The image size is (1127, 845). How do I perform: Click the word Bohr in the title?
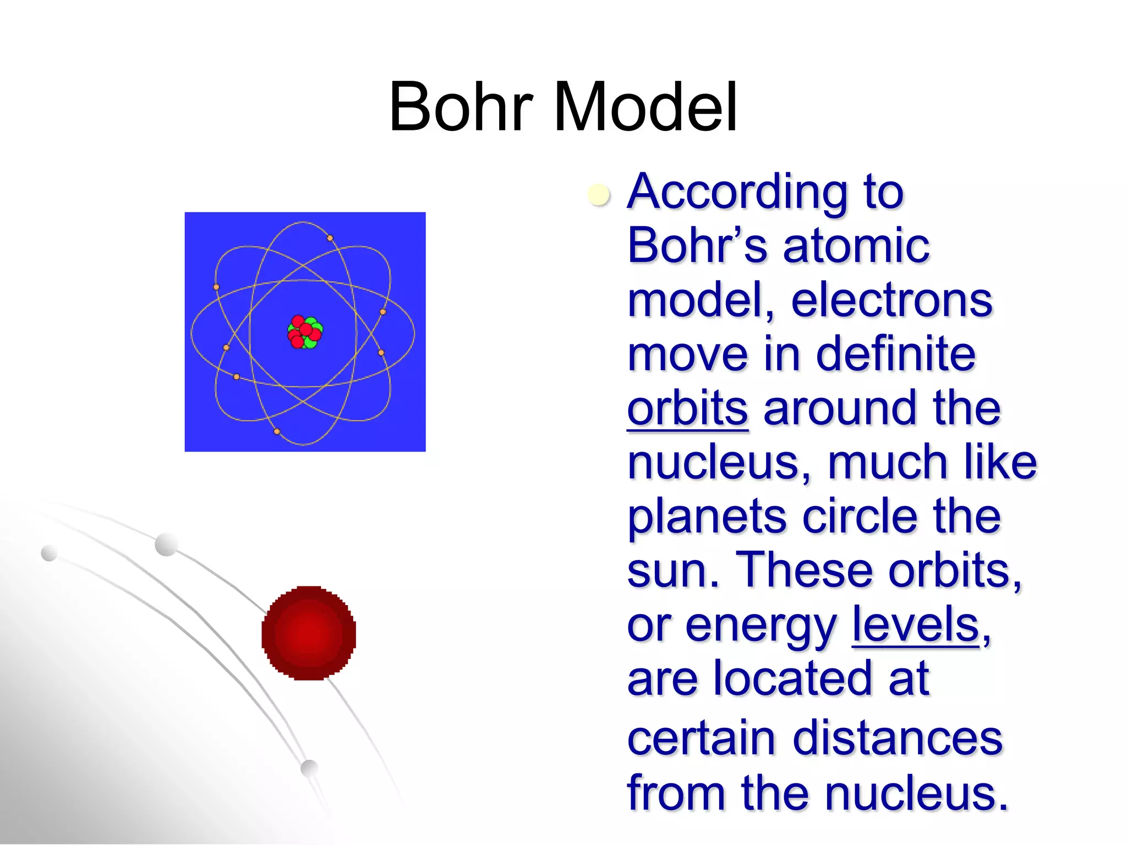tap(461, 107)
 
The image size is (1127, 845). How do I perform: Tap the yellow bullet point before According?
tap(598, 195)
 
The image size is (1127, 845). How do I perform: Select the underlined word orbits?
tap(687, 409)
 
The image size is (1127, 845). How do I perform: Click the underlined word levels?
tap(916, 625)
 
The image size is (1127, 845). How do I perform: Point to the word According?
tap(737, 193)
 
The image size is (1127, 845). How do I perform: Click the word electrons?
tap(891, 301)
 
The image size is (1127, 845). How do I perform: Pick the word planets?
tap(707, 517)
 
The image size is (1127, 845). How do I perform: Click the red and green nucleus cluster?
tap(305, 332)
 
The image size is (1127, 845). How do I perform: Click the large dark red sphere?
tap(309, 633)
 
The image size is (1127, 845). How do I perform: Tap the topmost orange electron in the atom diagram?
tap(330, 238)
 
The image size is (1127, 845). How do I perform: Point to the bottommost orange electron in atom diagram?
tap(277, 431)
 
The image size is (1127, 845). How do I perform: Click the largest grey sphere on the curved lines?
tap(166, 545)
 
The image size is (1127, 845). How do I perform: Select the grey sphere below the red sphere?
tap(310, 767)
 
